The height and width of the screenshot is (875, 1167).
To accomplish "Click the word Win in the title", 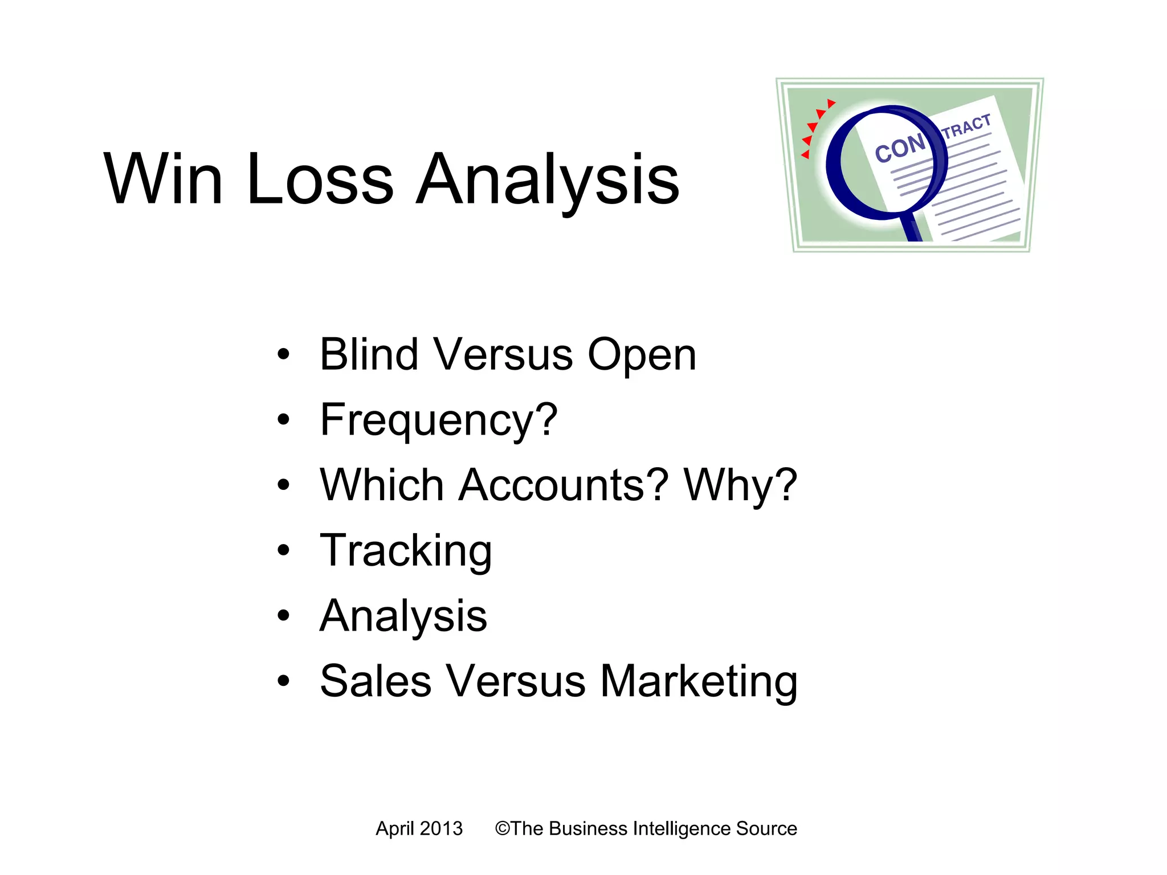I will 163,179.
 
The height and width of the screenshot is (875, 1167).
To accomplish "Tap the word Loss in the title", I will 320,179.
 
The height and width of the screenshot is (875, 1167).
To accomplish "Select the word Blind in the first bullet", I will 369,354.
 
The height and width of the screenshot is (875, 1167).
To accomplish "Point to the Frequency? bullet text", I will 438,420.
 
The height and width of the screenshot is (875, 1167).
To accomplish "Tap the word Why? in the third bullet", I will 740,486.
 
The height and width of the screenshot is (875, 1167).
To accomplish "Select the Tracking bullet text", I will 406,551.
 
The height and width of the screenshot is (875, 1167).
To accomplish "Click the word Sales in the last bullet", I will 376,681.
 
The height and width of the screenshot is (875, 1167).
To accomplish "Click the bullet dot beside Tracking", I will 283,551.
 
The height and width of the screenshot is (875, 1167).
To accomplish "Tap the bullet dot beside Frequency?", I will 283,420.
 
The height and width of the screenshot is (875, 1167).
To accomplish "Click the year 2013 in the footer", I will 442,828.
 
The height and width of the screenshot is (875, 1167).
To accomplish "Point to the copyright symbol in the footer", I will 502,828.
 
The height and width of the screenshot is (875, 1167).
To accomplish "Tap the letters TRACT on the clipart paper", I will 966,126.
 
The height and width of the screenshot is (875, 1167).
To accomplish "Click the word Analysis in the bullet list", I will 403,616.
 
